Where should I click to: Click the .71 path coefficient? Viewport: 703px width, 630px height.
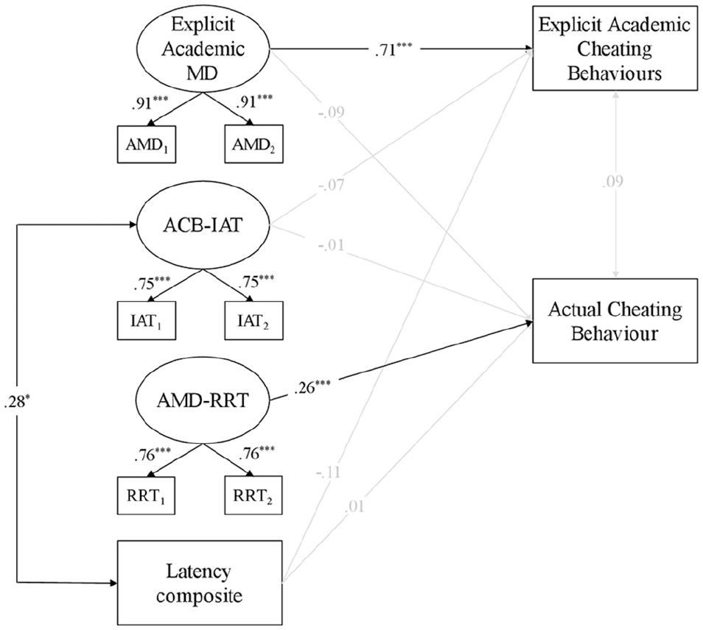[x=393, y=49]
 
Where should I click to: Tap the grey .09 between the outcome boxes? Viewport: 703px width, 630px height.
[x=612, y=181]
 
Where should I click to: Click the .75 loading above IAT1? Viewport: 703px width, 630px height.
[x=151, y=283]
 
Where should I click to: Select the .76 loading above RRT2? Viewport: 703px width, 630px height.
[x=256, y=453]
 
